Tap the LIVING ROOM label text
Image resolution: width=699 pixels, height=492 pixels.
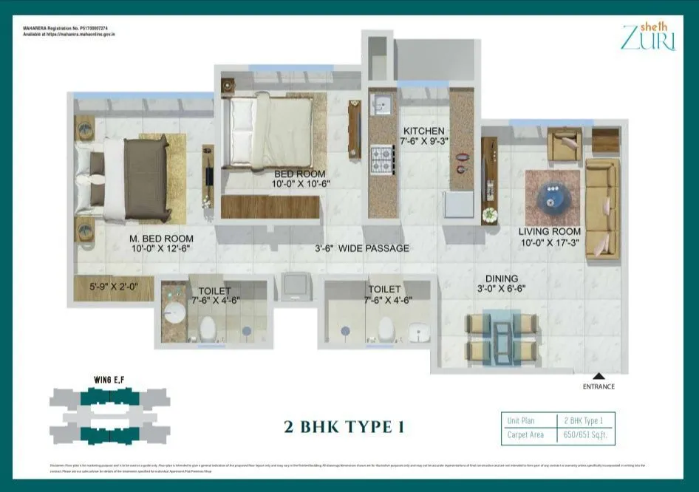[550, 231]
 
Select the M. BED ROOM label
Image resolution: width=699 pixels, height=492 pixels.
[161, 238]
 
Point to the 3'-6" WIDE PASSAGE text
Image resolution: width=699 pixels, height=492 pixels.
[362, 248]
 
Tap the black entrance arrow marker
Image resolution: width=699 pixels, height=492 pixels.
[598, 377]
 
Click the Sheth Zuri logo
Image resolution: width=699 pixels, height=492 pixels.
[648, 37]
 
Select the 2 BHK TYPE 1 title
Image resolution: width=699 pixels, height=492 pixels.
[344, 427]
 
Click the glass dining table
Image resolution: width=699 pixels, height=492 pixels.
[502, 338]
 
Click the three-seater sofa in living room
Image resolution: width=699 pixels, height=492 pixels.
[601, 209]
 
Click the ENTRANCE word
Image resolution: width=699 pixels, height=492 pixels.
[598, 386]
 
